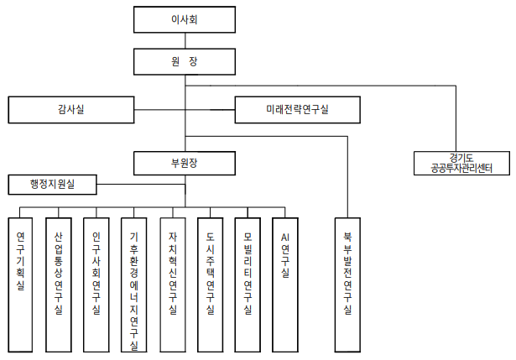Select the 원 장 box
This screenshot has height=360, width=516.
[x=185, y=60]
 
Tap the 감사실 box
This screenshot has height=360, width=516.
[x=71, y=109]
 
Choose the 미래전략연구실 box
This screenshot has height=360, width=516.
[x=298, y=109]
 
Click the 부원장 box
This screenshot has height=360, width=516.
[x=185, y=161]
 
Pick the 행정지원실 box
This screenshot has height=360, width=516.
[x=52, y=183]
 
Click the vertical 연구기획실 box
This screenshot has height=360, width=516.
[x=20, y=283]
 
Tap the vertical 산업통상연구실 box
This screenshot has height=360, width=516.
[x=58, y=283]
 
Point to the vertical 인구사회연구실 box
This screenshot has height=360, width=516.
[x=96, y=283]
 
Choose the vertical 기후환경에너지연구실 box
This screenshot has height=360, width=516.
[x=134, y=283]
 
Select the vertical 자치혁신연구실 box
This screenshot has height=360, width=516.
[x=173, y=283]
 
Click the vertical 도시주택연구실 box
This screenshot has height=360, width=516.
[x=211, y=283]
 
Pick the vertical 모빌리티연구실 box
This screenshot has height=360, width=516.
[x=248, y=283]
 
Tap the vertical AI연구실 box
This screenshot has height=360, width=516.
[x=286, y=283]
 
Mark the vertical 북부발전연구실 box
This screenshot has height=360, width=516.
[x=347, y=283]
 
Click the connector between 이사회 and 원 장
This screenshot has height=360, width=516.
[x=185, y=39]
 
